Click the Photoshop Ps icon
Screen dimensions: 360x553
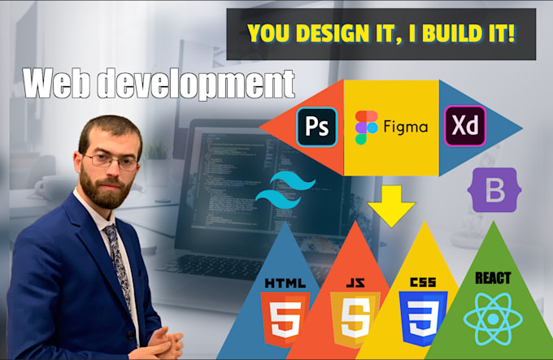(316, 126)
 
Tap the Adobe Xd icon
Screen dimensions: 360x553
(464, 127)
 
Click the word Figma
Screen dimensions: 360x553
(404, 128)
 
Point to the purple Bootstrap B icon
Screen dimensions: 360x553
(493, 195)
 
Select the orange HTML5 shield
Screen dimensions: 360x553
(284, 314)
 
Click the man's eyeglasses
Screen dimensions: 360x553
(111, 159)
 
